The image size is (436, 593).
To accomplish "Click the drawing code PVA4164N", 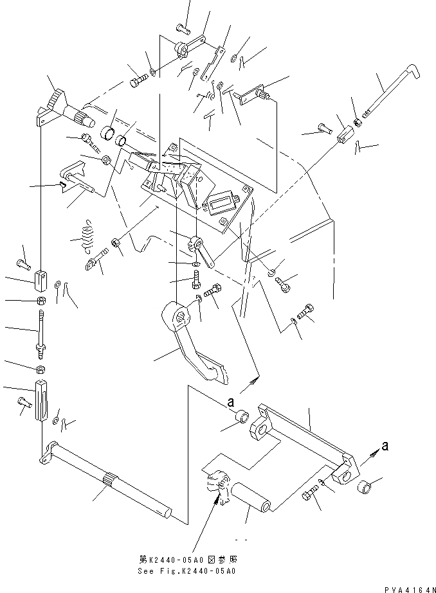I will point(409,588).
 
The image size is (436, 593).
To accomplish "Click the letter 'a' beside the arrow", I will point(385,447).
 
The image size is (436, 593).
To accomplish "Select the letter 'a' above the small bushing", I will point(230,403).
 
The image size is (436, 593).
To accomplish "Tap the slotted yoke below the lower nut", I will point(41,402).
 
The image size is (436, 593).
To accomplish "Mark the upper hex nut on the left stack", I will point(40,301).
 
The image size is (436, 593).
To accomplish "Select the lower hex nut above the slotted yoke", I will point(41,369).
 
